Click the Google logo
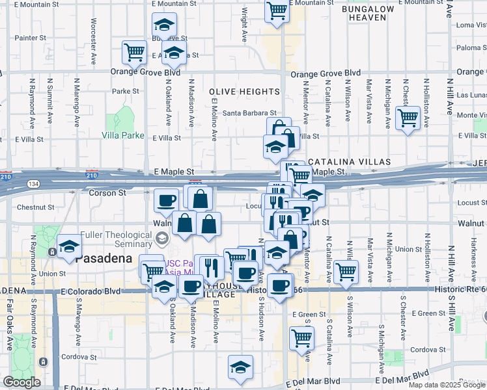22,382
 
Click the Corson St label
107,193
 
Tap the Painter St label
31,38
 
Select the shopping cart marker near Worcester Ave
135,52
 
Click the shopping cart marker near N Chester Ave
408,118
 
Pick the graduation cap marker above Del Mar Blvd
240,367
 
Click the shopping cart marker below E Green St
302,337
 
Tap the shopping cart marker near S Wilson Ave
346,272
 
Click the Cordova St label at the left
79,357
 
